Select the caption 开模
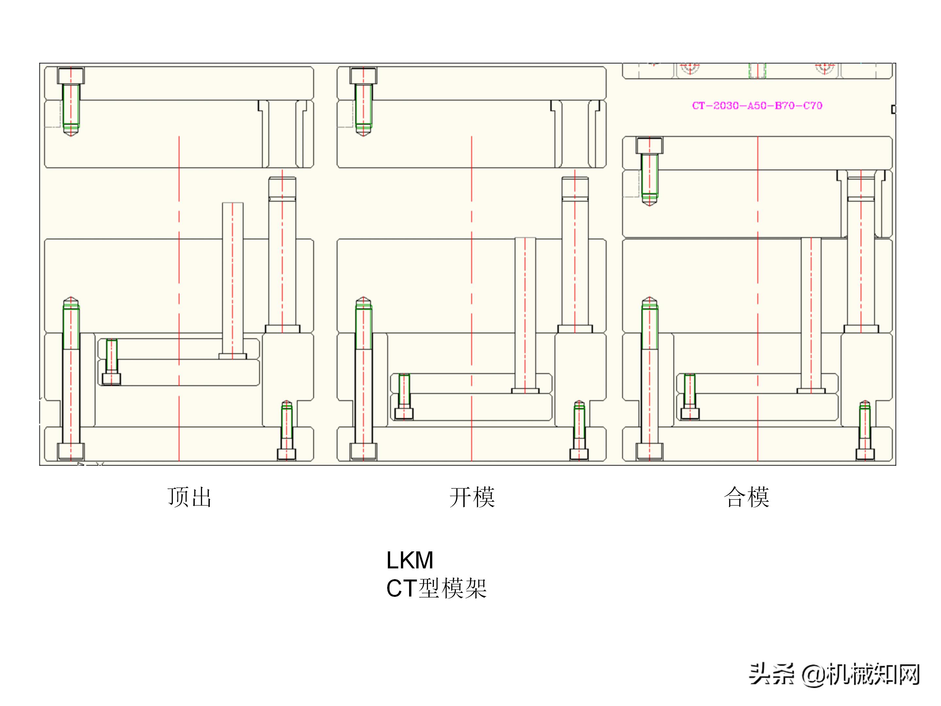[472, 497]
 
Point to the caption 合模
[747, 497]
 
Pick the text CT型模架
[436, 589]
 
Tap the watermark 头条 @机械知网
[834, 675]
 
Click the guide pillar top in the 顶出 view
[282, 187]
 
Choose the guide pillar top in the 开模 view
[575, 187]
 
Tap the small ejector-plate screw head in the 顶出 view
[111, 379]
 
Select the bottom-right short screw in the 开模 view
[579, 430]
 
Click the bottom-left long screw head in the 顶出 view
[71, 451]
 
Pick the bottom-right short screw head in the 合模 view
[865, 454]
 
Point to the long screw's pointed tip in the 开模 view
[363, 300]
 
